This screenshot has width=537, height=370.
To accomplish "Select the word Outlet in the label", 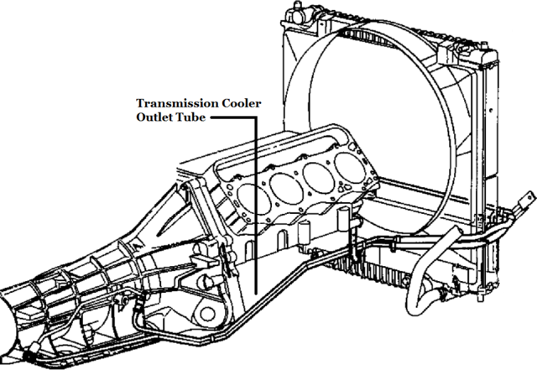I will pos(158,118).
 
